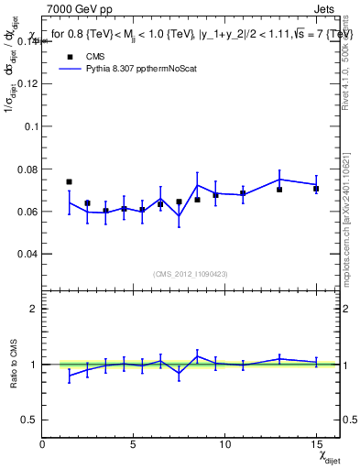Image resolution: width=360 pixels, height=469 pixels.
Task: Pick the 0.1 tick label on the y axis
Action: point(29,126)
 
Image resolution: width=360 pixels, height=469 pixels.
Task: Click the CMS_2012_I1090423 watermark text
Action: point(190,274)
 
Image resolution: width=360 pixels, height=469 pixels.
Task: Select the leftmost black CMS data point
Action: point(70,181)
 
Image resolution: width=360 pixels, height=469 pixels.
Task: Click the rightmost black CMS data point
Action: point(316,189)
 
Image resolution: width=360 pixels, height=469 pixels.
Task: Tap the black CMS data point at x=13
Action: point(279,189)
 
